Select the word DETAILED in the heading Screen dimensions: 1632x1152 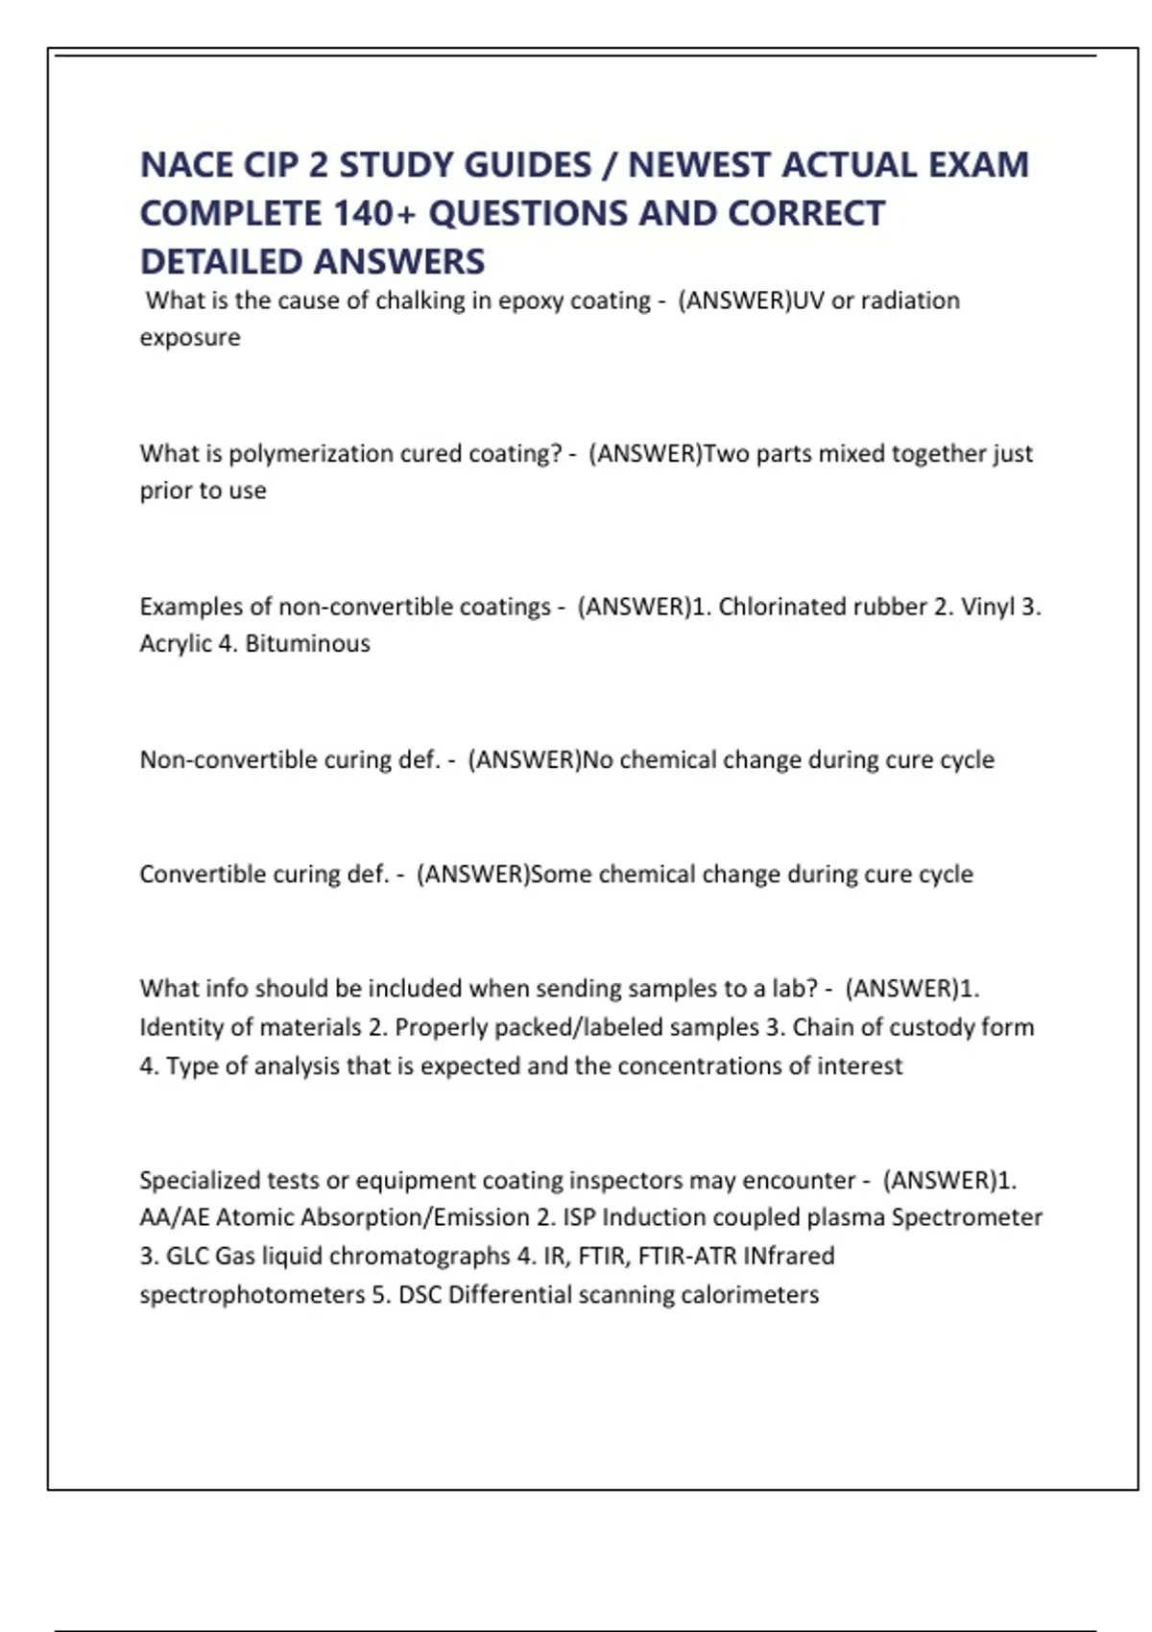coord(221,261)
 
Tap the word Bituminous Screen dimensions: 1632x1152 coord(307,643)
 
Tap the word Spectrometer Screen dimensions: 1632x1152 coord(967,1217)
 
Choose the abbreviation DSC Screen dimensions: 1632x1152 coord(420,1295)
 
